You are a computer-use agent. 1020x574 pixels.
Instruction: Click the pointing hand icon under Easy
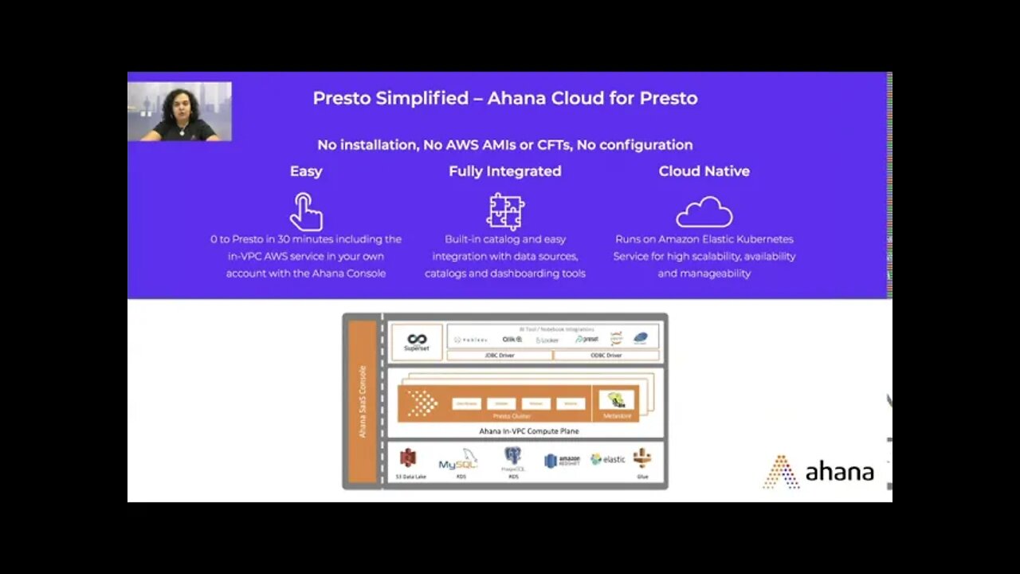pos(306,212)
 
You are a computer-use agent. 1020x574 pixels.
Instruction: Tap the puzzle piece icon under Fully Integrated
pos(505,212)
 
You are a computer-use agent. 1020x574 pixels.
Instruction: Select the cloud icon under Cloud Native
pos(704,212)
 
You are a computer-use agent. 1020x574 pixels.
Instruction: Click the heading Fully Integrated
pos(505,171)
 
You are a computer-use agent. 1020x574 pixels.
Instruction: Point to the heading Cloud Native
pos(704,171)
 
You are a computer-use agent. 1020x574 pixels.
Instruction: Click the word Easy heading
pos(306,171)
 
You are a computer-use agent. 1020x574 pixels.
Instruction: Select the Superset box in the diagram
pos(417,342)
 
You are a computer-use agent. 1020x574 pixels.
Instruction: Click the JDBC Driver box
pos(500,356)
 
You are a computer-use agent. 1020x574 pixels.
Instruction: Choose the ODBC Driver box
pos(606,356)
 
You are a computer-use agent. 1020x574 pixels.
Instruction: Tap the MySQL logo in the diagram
pos(457,461)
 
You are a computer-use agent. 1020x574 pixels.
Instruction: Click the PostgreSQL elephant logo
pos(512,457)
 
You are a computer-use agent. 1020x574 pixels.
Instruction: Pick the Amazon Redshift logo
pos(562,461)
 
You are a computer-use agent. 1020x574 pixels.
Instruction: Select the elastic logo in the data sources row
pos(608,459)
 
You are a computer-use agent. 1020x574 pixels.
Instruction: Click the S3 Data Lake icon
pos(409,458)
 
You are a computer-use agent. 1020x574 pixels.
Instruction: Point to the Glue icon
pos(642,458)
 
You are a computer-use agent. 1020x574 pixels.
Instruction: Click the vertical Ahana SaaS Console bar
pos(363,402)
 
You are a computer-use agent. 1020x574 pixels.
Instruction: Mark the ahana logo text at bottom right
pos(838,472)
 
